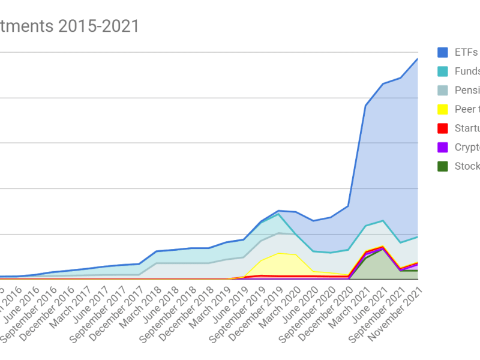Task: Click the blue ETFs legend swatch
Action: click(x=443, y=52)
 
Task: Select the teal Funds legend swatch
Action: click(x=443, y=71)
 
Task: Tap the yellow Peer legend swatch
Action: click(x=443, y=109)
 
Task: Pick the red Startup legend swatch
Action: click(x=443, y=128)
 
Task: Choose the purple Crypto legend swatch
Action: click(x=443, y=148)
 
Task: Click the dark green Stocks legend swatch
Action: click(x=443, y=167)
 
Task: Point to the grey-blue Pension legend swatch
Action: click(x=443, y=91)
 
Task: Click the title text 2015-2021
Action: click(x=102, y=26)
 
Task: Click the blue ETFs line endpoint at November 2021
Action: click(x=418, y=59)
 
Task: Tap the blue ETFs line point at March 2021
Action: click(x=365, y=106)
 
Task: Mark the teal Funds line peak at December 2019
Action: click(x=278, y=214)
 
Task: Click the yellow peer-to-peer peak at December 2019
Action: click(x=278, y=253)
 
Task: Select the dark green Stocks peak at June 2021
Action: click(x=383, y=249)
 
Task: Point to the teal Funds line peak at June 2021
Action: click(x=383, y=221)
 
